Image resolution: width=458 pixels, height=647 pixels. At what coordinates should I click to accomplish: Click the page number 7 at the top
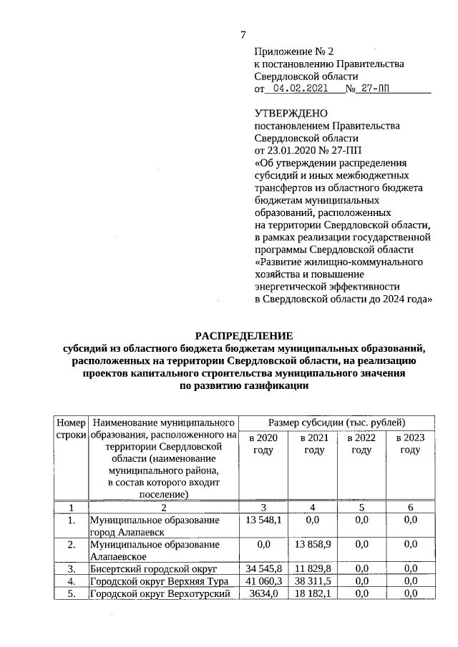[x=243, y=35]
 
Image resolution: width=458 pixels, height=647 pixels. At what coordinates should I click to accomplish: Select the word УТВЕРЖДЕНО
[x=291, y=114]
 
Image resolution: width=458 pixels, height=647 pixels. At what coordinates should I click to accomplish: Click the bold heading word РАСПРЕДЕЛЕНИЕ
[x=245, y=335]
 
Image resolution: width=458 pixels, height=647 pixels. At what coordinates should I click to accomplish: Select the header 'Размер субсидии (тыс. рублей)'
[x=336, y=423]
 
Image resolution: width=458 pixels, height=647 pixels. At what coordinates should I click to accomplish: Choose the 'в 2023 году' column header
[x=409, y=443]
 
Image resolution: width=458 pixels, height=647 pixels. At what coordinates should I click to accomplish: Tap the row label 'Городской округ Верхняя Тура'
[x=149, y=581]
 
